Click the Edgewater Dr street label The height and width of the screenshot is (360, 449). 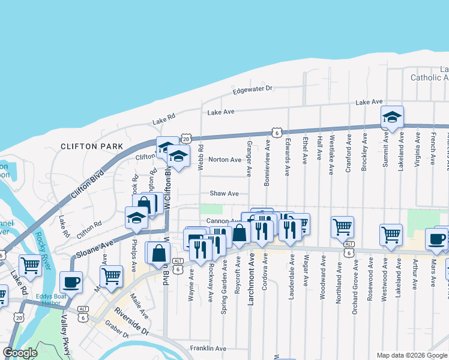tap(253, 88)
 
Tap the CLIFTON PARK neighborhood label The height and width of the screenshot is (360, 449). tap(92, 146)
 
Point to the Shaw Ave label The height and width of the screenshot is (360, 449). tap(224, 194)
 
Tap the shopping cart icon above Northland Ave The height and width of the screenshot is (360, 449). tap(342, 227)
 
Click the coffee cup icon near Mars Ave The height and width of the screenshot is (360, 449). tap(436, 239)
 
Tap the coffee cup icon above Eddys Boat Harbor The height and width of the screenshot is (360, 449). tap(71, 281)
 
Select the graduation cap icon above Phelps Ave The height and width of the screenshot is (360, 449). tap(136, 218)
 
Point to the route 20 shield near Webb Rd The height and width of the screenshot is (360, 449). tap(185, 139)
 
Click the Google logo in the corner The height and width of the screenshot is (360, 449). tap(20, 353)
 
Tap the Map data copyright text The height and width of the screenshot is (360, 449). tap(411, 355)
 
